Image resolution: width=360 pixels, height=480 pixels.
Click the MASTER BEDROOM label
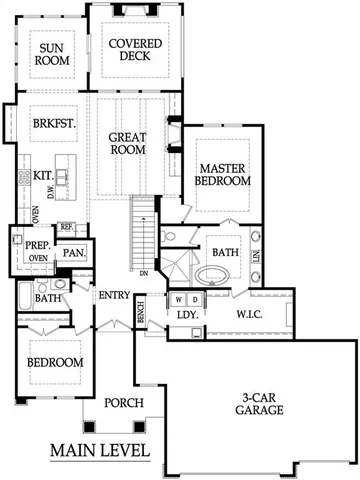(x=223, y=175)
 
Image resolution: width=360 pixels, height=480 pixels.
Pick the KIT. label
(x=43, y=175)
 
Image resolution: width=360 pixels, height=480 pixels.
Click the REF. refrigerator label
(x=66, y=228)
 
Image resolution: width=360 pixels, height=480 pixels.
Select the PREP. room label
(x=38, y=243)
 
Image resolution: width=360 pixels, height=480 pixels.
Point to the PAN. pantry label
(x=73, y=253)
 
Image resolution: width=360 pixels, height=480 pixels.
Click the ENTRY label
(x=111, y=295)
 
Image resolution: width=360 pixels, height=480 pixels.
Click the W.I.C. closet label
(x=249, y=314)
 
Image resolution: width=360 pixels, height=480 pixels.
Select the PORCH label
(x=125, y=403)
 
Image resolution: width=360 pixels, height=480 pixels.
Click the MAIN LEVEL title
(x=100, y=450)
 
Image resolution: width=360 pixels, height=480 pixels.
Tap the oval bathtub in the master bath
(x=212, y=274)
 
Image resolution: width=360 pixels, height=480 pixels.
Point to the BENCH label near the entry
(x=140, y=313)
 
